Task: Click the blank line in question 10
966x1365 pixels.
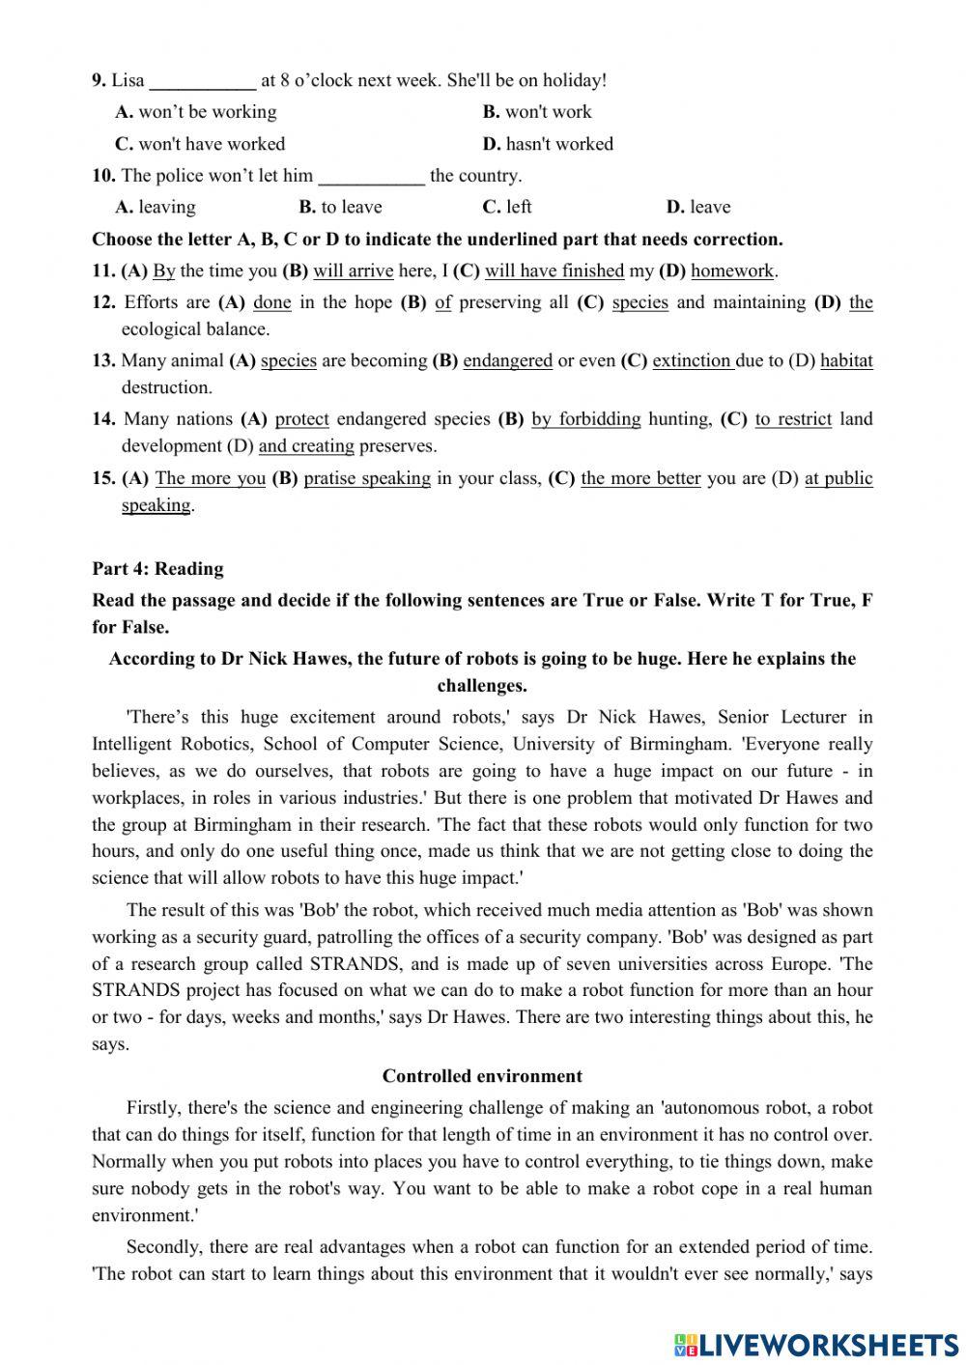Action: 371,177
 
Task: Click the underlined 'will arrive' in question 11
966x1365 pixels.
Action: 353,271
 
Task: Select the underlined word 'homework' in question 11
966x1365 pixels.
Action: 732,271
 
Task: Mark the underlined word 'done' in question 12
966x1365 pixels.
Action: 271,302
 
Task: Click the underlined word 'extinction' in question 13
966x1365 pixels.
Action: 692,361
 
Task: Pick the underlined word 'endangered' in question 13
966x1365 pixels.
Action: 507,361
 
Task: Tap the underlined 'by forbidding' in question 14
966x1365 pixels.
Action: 585,419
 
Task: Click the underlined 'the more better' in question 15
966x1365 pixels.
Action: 640,478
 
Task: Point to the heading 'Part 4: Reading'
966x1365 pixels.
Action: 157,569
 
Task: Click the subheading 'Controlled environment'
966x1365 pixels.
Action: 482,1076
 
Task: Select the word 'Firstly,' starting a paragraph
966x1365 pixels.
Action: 154,1108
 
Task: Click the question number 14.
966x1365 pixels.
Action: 104,419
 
